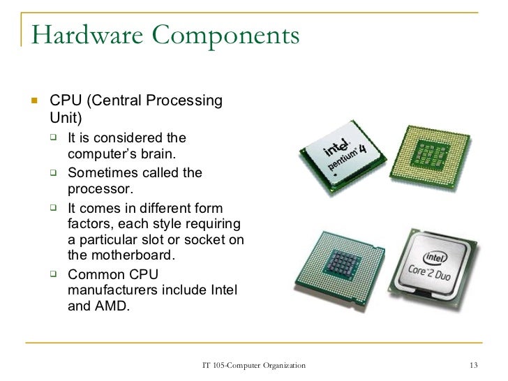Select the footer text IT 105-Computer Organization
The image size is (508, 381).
pyautogui.click(x=253, y=366)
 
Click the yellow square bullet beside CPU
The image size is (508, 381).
pyautogui.click(x=32, y=102)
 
